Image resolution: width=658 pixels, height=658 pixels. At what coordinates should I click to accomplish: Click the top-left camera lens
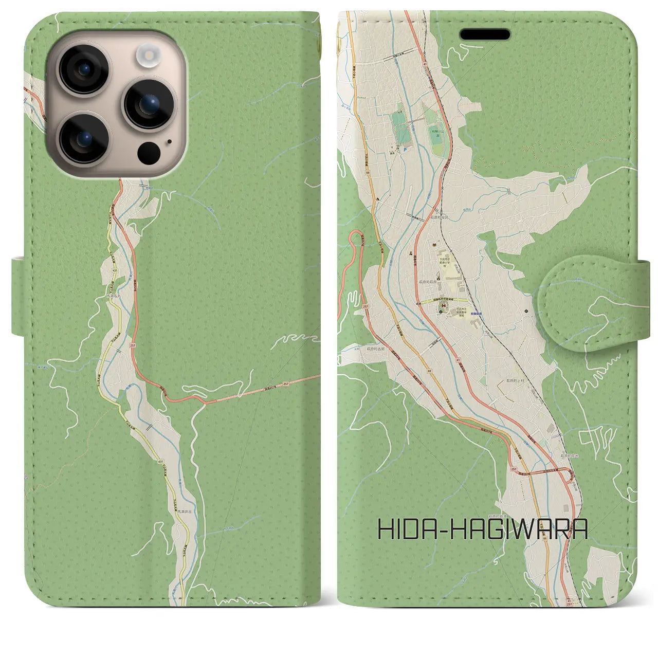(83, 69)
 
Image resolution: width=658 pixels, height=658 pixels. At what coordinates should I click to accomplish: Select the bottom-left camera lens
(83, 137)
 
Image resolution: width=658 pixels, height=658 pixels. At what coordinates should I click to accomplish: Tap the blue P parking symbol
(404, 150)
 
